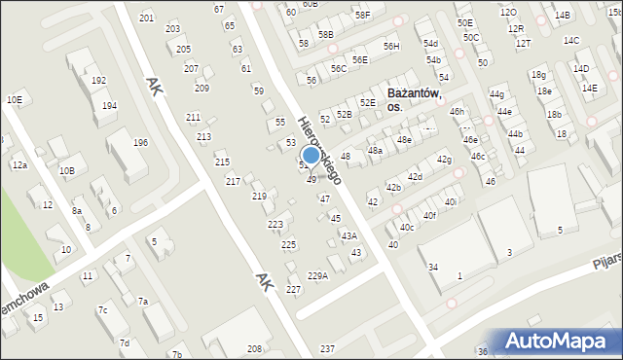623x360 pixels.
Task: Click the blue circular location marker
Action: (311, 155)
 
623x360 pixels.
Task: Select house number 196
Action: (141, 143)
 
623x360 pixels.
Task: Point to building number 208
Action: (254, 348)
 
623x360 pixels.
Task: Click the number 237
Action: (327, 348)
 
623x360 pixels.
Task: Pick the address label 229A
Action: (318, 275)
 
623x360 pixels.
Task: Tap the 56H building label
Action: (391, 46)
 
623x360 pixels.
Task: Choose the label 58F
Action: (363, 15)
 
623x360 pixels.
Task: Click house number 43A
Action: (348, 235)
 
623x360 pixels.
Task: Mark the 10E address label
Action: (14, 99)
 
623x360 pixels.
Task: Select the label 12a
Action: (19, 165)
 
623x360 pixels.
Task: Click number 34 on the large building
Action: (433, 267)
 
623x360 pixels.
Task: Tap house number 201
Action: (146, 18)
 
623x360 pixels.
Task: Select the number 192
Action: (98, 81)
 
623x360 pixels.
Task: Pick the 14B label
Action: (563, 15)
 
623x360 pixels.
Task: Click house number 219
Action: (259, 197)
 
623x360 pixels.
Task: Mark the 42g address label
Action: (444, 160)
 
